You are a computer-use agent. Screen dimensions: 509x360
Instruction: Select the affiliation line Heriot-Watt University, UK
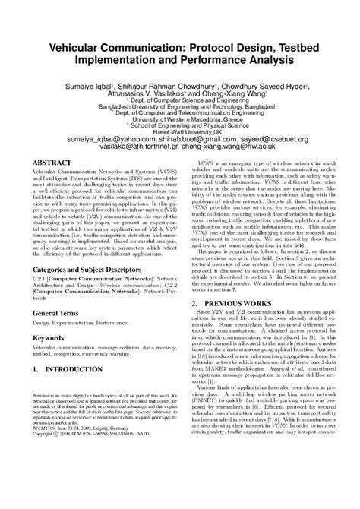[180, 133]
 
